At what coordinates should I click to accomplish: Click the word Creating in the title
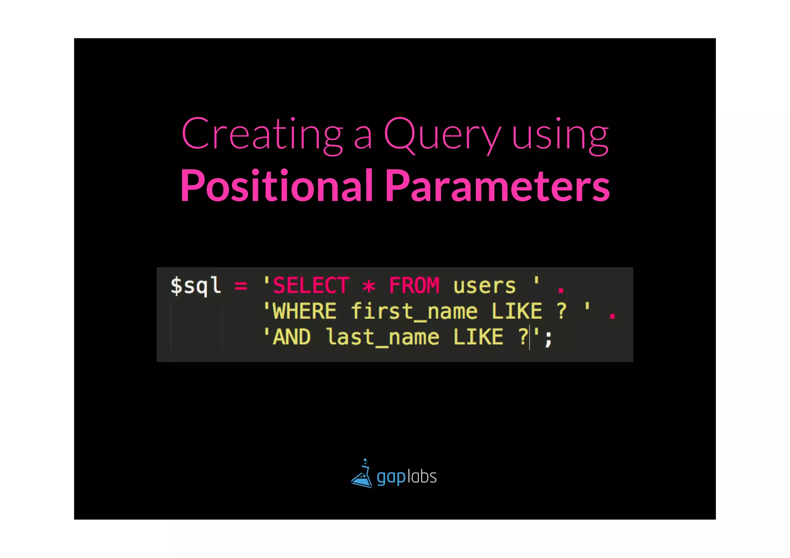[x=262, y=134]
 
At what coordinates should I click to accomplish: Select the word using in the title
[x=560, y=136]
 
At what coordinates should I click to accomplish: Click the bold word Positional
[x=276, y=186]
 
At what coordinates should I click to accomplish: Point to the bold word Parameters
[x=498, y=186]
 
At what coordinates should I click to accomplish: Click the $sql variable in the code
[x=196, y=286]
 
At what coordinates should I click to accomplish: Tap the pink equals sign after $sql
[x=241, y=286]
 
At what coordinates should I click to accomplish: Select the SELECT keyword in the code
[x=311, y=286]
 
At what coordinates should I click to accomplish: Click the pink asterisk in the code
[x=369, y=287]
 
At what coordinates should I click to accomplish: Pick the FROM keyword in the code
[x=414, y=286]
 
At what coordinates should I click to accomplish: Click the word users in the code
[x=484, y=287]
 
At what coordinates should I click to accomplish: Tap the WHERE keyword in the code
[x=305, y=312]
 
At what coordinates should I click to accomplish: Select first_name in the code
[x=414, y=312]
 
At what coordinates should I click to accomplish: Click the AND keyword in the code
[x=292, y=337]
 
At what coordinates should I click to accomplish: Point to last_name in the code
[x=382, y=337]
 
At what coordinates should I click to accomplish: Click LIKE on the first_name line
[x=517, y=312]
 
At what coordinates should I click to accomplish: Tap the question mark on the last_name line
[x=523, y=337]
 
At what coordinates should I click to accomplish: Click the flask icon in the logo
[x=362, y=475]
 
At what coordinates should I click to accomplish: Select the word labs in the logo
[x=422, y=477]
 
